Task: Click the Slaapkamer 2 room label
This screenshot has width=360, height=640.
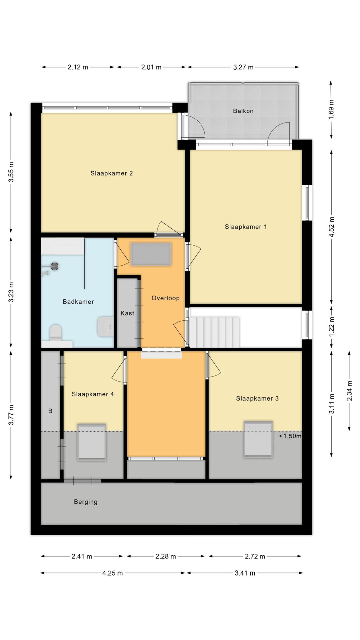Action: [x=112, y=173]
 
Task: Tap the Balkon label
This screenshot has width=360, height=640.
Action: [x=243, y=111]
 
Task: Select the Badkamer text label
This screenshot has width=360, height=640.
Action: [x=78, y=302]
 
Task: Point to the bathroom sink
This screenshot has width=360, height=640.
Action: [x=105, y=327]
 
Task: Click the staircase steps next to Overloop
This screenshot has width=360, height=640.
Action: [x=215, y=332]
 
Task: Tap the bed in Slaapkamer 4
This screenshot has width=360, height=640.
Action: [x=92, y=442]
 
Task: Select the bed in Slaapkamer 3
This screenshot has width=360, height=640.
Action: [x=258, y=439]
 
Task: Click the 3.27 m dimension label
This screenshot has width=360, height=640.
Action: [x=243, y=67]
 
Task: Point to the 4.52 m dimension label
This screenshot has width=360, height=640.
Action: [x=332, y=227]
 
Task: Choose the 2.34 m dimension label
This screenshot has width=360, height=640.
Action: [x=349, y=391]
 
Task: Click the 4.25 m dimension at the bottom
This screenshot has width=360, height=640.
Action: [x=112, y=573]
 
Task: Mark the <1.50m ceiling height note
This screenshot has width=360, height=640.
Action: [x=290, y=436]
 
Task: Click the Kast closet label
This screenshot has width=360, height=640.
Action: [x=127, y=313]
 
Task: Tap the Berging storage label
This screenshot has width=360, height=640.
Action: [x=86, y=502]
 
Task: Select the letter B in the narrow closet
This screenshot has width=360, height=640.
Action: [x=50, y=411]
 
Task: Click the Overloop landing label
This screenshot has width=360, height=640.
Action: [x=166, y=298]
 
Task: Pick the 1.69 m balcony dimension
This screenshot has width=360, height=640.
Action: [x=332, y=109]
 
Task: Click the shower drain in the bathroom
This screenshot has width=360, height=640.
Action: [x=55, y=266]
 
